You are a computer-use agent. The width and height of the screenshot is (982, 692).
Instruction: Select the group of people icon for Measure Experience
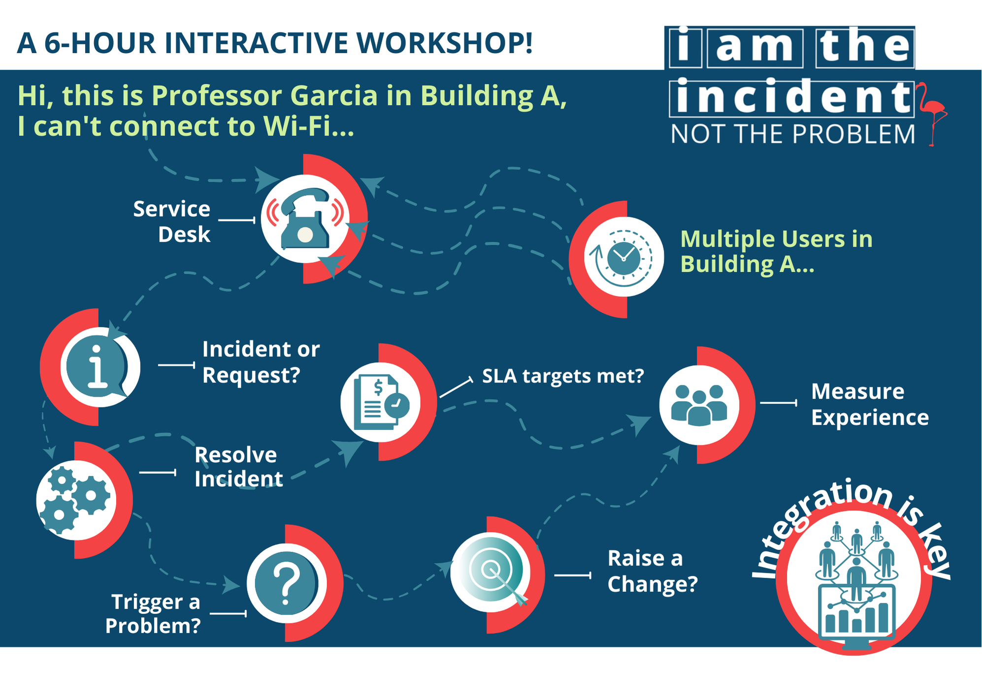(x=699, y=405)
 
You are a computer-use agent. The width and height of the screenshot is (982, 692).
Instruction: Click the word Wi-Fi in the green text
(x=308, y=126)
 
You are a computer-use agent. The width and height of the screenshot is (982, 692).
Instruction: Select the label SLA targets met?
(x=563, y=376)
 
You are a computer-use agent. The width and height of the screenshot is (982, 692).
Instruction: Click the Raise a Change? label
(x=653, y=571)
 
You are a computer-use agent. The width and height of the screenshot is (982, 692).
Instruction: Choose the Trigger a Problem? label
(x=153, y=614)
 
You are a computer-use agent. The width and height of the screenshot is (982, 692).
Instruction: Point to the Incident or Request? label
(x=261, y=362)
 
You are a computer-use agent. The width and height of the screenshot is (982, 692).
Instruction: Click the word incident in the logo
(x=792, y=97)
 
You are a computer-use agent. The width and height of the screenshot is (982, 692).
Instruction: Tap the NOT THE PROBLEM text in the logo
(x=793, y=134)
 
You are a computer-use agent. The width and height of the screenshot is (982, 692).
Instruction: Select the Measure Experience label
(x=870, y=404)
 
